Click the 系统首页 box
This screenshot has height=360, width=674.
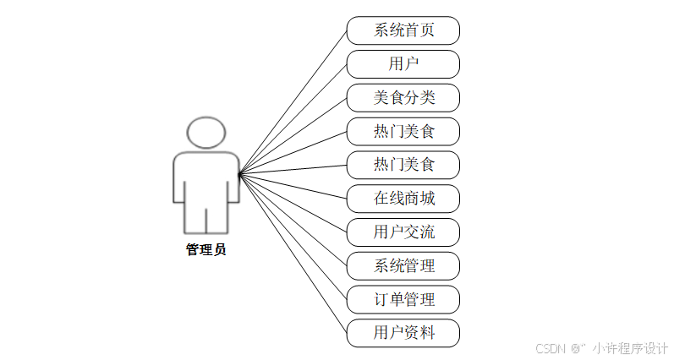[x=403, y=30]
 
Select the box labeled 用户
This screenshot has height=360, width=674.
[x=403, y=64]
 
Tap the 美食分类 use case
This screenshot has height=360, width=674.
[x=403, y=98]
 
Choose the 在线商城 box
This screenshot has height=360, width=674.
[x=403, y=199]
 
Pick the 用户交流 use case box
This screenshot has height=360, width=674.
[x=403, y=232]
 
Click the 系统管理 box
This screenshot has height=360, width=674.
[x=403, y=265]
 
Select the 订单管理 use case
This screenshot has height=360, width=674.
[x=403, y=299]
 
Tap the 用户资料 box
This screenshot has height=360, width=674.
[x=403, y=332]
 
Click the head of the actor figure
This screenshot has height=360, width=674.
[x=206, y=133]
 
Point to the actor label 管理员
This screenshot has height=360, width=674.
[x=206, y=249]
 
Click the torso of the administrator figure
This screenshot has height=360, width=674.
[x=206, y=177]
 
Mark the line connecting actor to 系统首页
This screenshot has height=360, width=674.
[x=293, y=102]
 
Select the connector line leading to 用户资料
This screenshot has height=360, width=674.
[x=293, y=253]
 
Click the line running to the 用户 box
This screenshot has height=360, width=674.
[x=293, y=119]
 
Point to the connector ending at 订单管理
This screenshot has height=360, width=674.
[x=293, y=237]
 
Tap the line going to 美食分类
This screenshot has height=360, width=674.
[x=293, y=136]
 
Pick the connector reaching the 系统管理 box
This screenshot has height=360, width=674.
[x=293, y=220]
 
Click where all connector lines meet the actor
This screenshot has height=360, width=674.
[x=239, y=174]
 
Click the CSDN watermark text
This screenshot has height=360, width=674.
[x=550, y=347]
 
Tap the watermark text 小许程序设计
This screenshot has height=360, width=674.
[x=630, y=347]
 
